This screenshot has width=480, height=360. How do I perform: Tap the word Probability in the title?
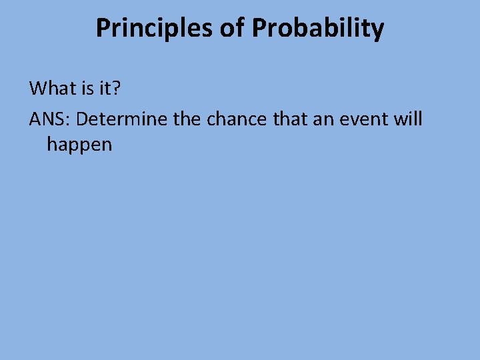click(x=317, y=28)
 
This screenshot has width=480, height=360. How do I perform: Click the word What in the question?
click(x=51, y=88)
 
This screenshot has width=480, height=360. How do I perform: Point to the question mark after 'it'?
click(x=109, y=88)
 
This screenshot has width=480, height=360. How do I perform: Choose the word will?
click(x=408, y=120)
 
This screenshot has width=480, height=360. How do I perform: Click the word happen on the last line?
click(x=79, y=145)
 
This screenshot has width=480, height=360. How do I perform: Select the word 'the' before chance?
click(x=188, y=120)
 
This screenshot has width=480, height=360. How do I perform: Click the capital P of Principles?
click(x=103, y=28)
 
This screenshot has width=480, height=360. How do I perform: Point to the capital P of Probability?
click(x=259, y=28)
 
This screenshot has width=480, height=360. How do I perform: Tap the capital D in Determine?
click(x=85, y=120)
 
